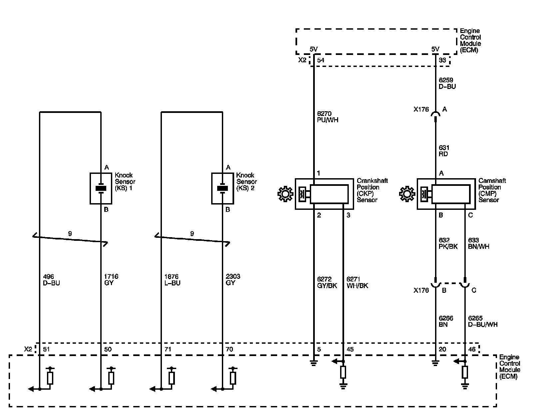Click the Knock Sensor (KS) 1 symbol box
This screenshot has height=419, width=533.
(x=101, y=188)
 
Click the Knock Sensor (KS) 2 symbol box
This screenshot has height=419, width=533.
(x=222, y=188)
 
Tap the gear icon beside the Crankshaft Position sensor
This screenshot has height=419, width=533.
(x=285, y=194)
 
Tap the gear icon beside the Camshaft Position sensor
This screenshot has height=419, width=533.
(x=407, y=194)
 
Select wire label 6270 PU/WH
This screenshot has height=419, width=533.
(x=328, y=117)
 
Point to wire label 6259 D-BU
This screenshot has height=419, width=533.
(x=447, y=83)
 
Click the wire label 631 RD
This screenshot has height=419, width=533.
(x=444, y=151)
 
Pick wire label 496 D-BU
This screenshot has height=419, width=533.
(x=51, y=280)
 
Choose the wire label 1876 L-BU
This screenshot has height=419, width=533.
(x=172, y=280)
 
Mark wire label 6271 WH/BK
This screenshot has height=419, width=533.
(x=357, y=282)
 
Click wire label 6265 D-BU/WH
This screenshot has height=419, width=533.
(x=483, y=321)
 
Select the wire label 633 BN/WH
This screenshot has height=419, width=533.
(x=479, y=243)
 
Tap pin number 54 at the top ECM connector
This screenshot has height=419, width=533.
(x=320, y=60)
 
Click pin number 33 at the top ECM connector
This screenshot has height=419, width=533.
(x=442, y=60)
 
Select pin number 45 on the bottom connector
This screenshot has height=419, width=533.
(x=350, y=349)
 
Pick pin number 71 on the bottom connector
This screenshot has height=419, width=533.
(x=168, y=349)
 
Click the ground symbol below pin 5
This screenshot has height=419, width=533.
(x=313, y=363)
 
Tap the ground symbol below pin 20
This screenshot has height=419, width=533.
(x=435, y=363)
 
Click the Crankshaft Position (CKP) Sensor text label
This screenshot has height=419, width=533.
(x=372, y=190)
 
